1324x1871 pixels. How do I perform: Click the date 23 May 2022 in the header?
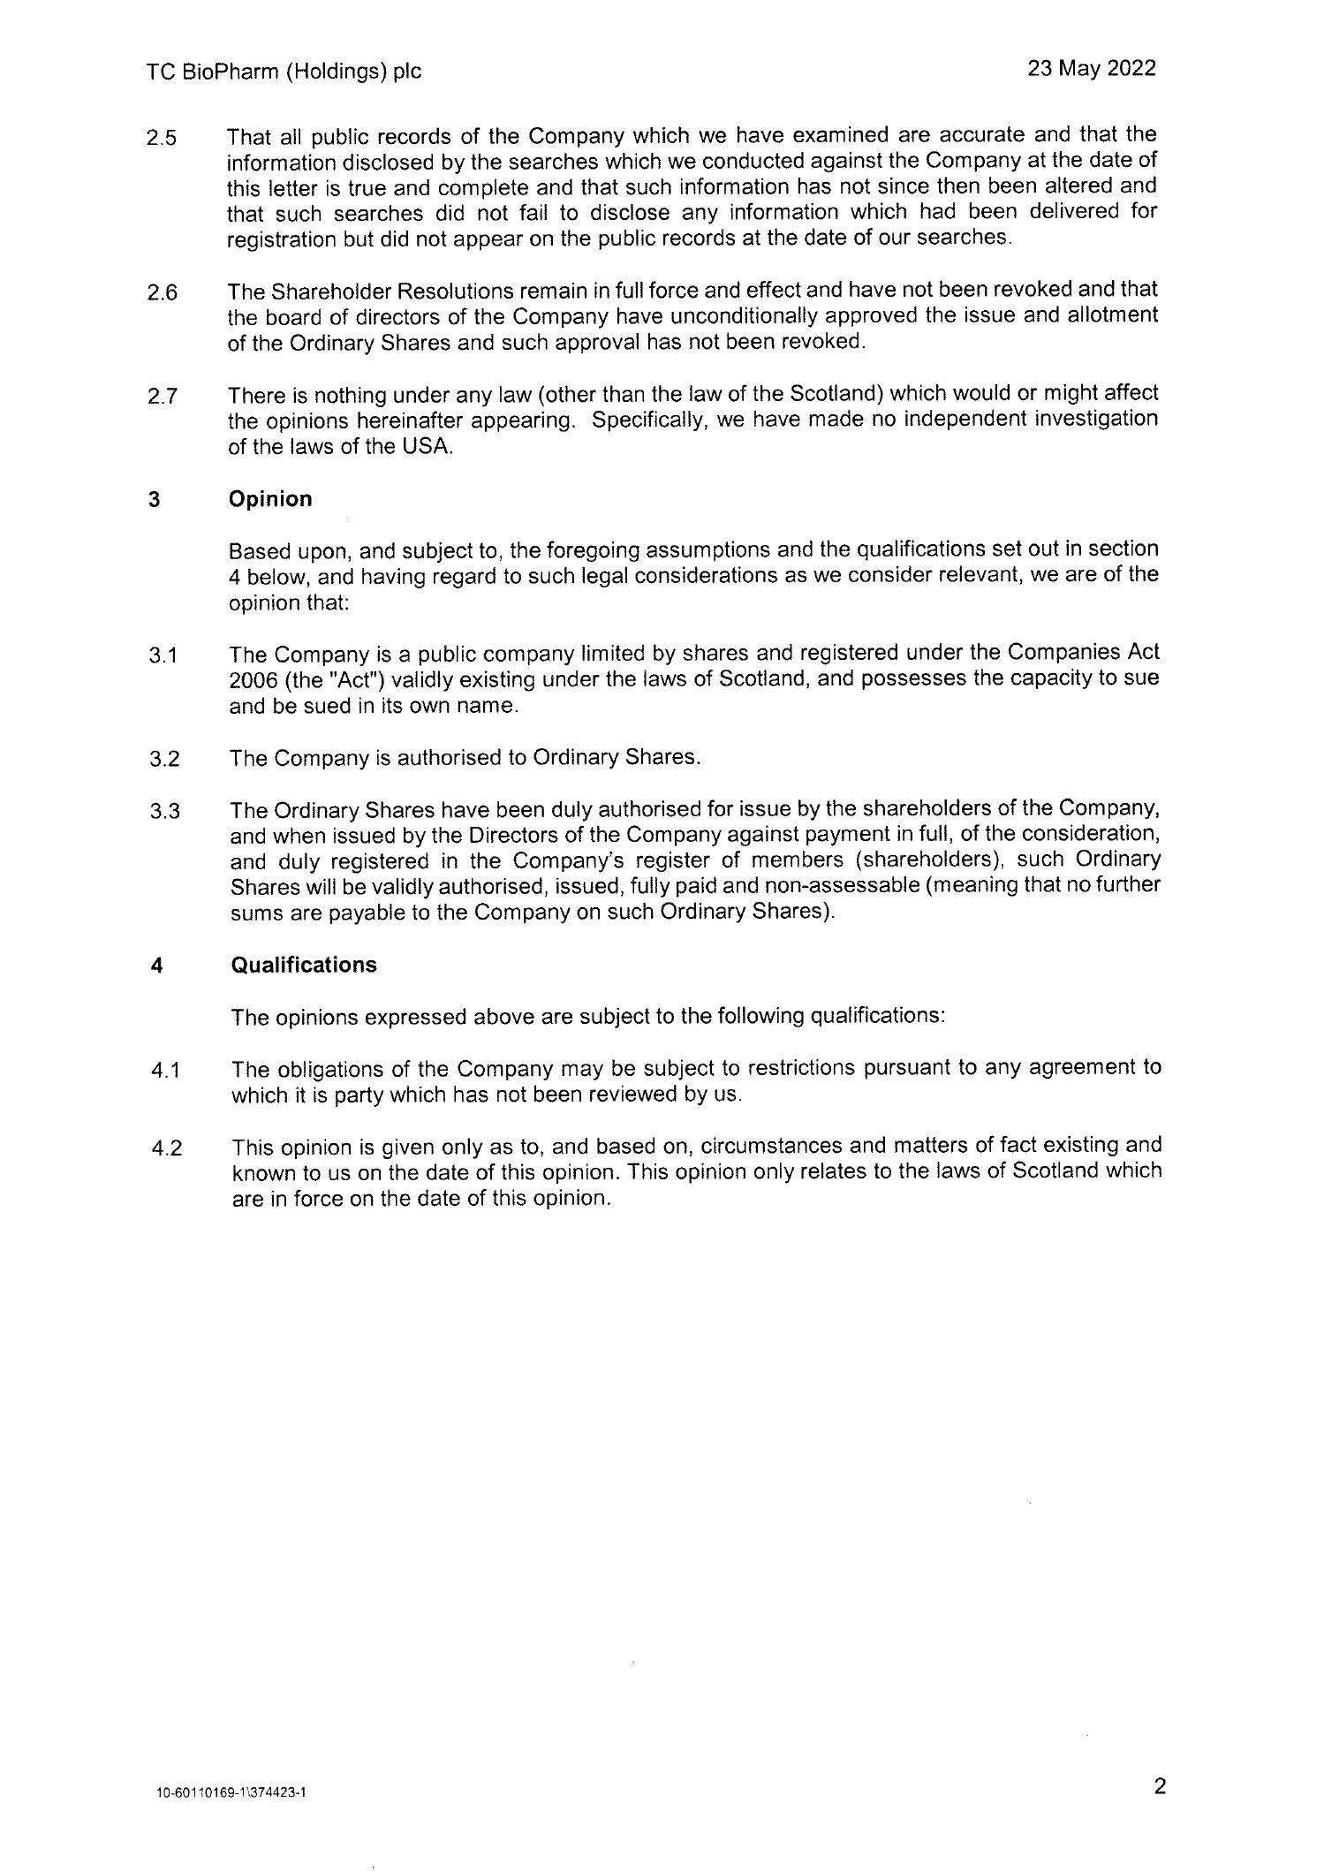tap(1091, 69)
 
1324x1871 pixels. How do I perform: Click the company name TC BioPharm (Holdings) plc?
tap(284, 72)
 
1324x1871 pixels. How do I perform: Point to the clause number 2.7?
tap(163, 396)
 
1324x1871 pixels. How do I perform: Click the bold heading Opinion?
tap(270, 499)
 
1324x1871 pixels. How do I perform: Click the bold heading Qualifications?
tap(304, 965)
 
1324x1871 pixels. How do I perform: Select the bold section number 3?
tap(155, 500)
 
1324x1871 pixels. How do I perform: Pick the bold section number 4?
tap(156, 966)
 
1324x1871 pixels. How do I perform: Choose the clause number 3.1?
tap(163, 656)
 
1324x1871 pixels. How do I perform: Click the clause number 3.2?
tap(164, 760)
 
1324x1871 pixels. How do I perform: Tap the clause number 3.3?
tap(165, 811)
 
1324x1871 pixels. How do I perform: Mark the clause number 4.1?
tap(165, 1071)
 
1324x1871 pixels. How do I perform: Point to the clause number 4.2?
tap(166, 1148)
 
